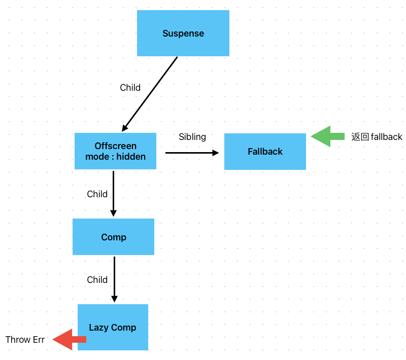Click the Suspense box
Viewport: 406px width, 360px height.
click(x=183, y=33)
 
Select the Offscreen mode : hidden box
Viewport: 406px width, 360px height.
click(x=115, y=151)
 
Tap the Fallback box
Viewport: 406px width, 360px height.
click(x=265, y=152)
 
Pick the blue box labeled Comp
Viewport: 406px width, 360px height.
click(x=113, y=237)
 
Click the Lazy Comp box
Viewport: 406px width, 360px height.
click(x=113, y=327)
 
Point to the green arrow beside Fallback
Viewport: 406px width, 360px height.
click(x=327, y=136)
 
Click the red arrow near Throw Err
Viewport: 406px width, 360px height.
click(x=70, y=339)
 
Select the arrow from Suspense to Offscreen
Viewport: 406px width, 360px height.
click(x=150, y=94)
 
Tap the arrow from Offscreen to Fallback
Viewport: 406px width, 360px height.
click(x=192, y=153)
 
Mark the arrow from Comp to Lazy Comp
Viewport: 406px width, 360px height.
click(x=114, y=279)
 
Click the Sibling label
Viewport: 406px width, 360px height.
click(x=192, y=137)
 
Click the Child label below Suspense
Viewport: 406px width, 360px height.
click(x=130, y=88)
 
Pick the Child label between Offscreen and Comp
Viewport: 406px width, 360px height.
click(x=97, y=194)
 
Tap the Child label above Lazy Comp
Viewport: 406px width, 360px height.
click(x=97, y=280)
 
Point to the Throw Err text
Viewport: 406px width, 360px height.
click(x=25, y=340)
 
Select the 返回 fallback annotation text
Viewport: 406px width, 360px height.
click(x=377, y=137)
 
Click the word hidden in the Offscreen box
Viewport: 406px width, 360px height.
click(x=131, y=157)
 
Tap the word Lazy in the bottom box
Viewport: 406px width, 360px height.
click(x=98, y=328)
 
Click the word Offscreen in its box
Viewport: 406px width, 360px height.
click(x=115, y=146)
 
